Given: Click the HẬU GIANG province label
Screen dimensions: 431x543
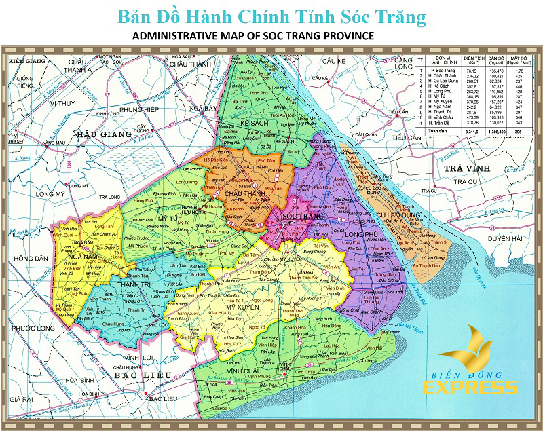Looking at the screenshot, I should (104, 134).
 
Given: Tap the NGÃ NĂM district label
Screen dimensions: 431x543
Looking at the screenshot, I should (84, 242).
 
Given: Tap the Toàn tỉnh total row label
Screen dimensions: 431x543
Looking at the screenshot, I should (436, 130).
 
